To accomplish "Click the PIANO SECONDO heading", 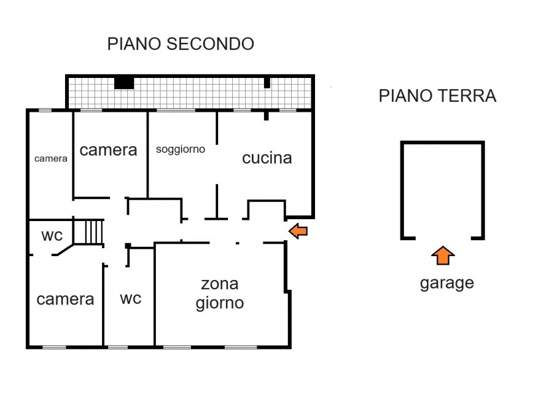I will click(x=181, y=44).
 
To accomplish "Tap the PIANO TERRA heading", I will click(x=437, y=96).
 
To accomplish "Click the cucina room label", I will click(x=267, y=158).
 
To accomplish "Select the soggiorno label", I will click(x=181, y=149).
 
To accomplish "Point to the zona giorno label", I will click(x=220, y=294).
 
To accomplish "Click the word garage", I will click(x=446, y=283).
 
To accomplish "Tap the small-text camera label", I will click(x=50, y=158).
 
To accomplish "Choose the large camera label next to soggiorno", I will click(x=108, y=150).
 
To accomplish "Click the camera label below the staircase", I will click(x=65, y=299).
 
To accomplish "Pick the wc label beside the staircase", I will click(x=52, y=235).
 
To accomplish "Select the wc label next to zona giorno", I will click(x=130, y=298).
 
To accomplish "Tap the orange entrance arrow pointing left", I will click(x=298, y=231).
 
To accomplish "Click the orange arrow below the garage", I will click(x=443, y=255).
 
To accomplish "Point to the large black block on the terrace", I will click(x=124, y=82).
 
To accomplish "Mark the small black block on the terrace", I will click(x=267, y=82).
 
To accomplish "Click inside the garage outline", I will click(x=442, y=190).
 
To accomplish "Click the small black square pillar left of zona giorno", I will click(x=128, y=246).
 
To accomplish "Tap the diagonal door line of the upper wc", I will click(x=65, y=249).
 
